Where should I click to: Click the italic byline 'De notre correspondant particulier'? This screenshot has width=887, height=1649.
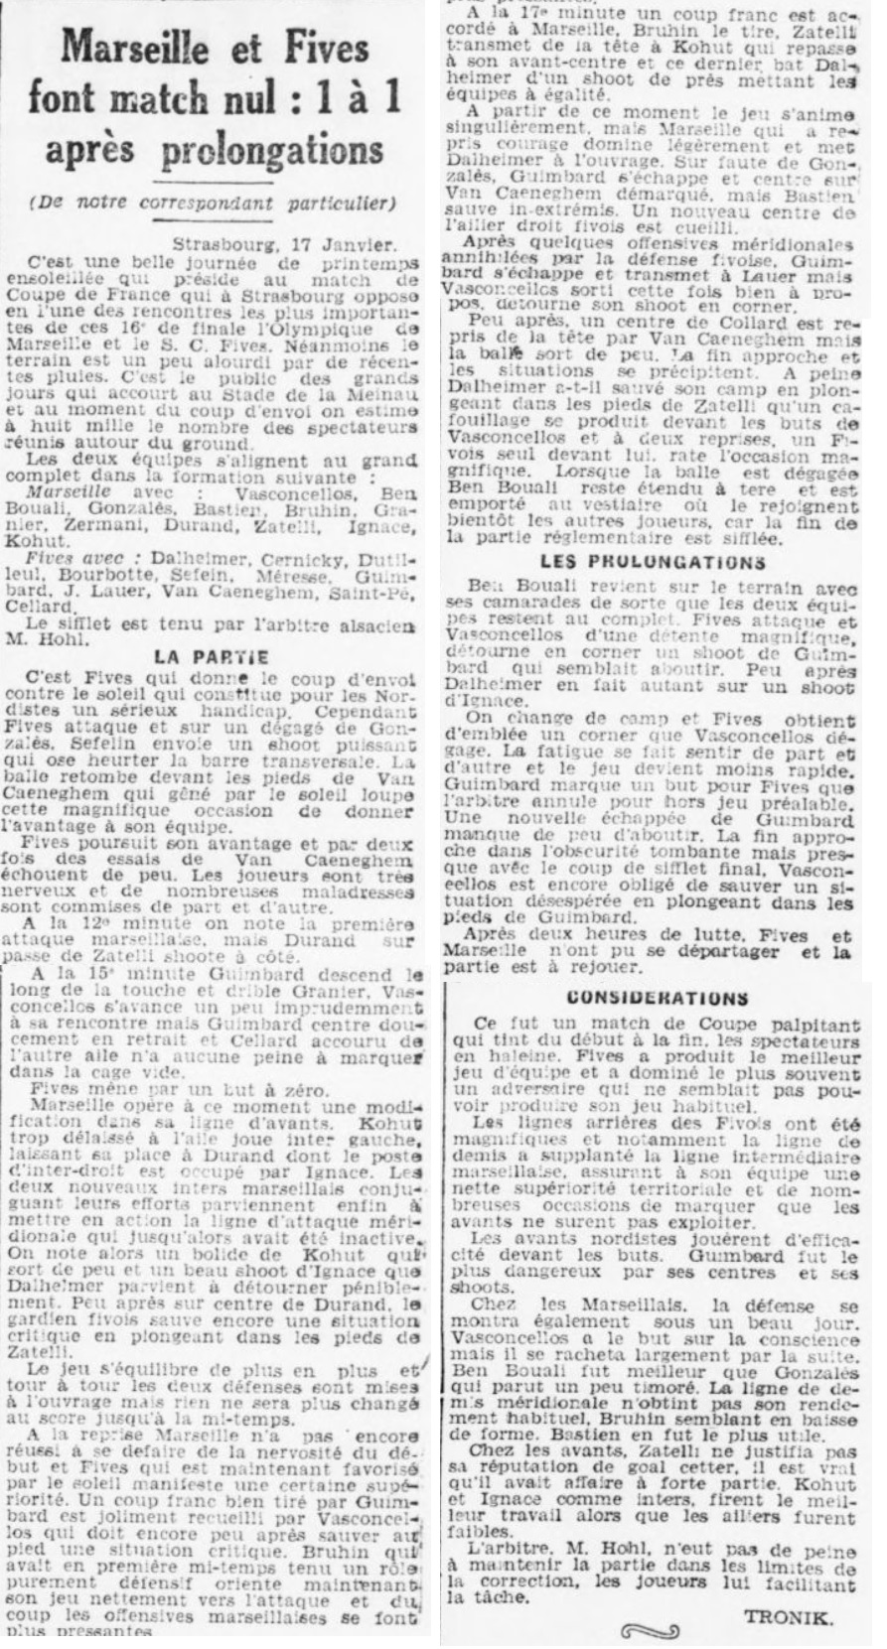tap(220, 205)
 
